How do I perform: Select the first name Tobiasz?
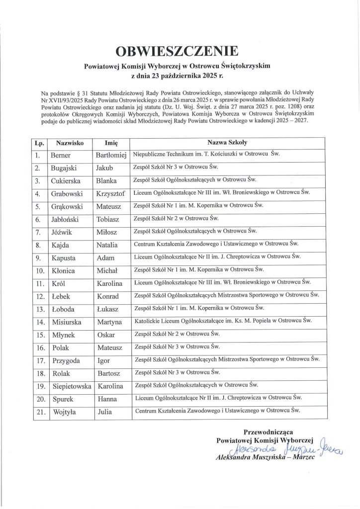click(x=109, y=219)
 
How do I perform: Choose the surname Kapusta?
click(x=65, y=258)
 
